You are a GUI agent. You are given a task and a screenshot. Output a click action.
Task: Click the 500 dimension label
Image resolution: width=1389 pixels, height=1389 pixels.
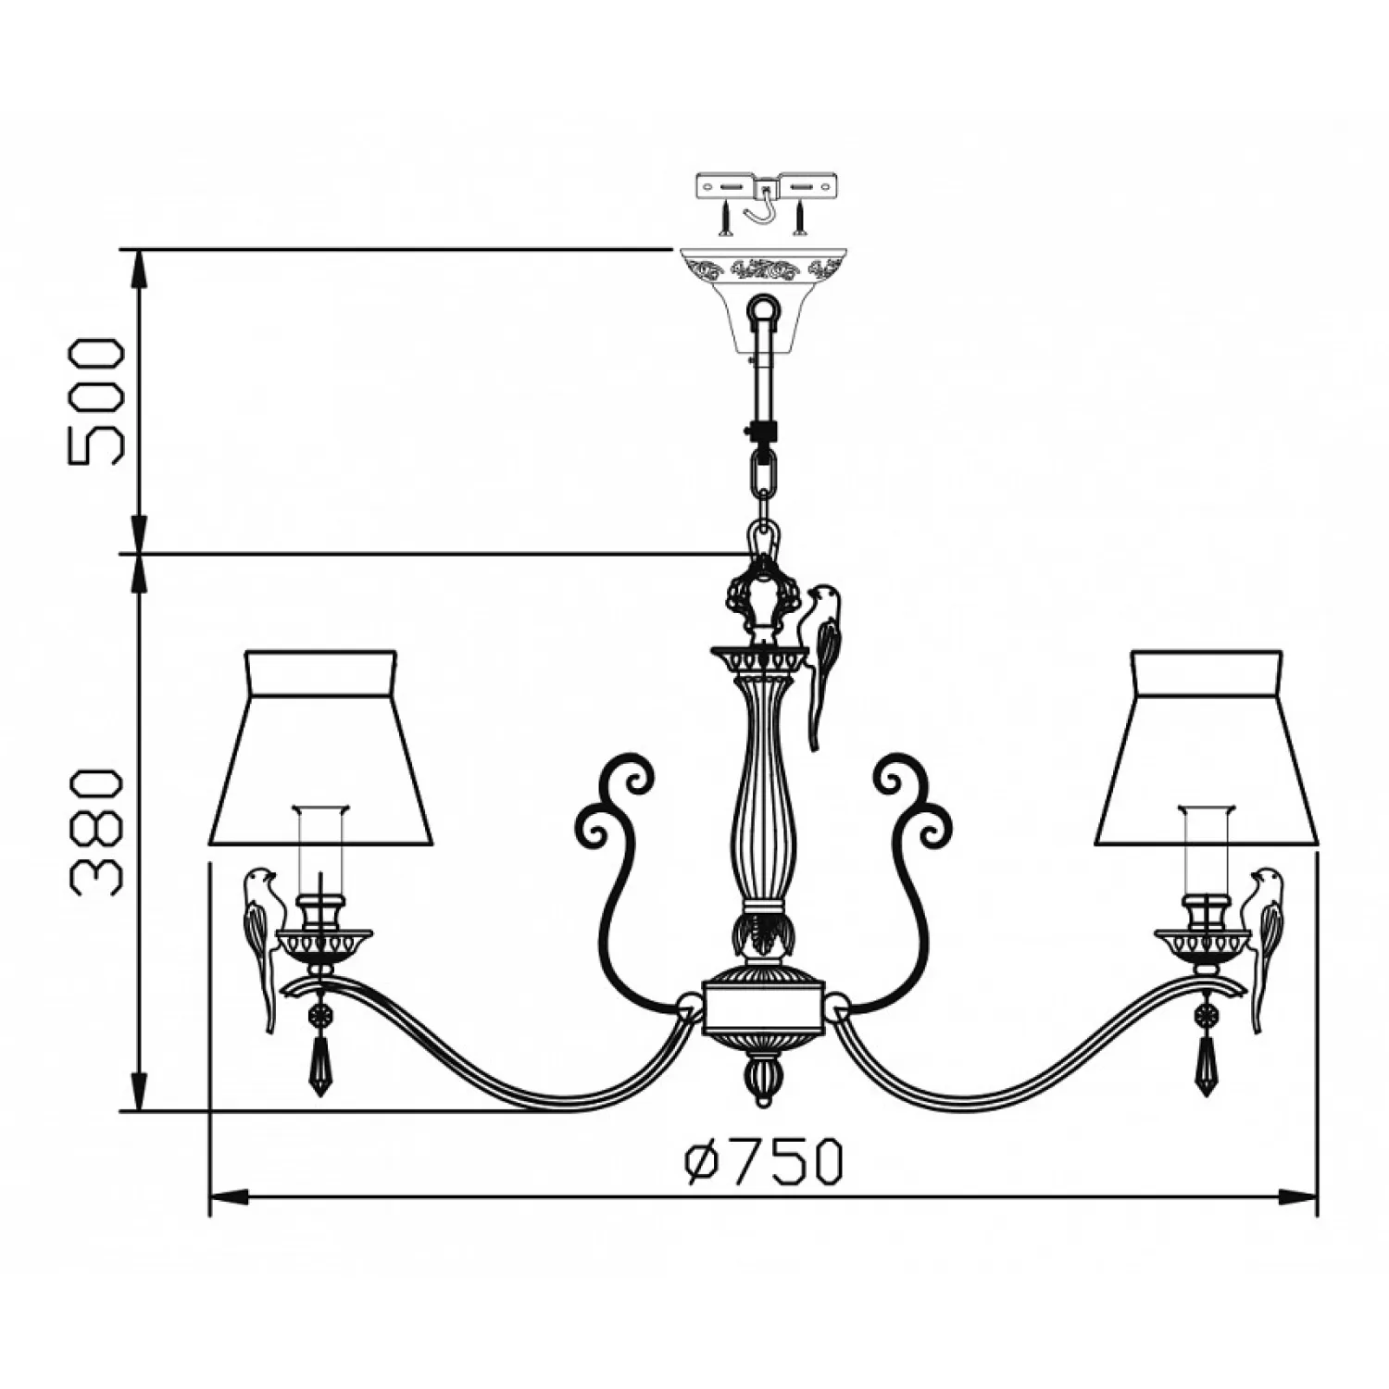click(x=95, y=402)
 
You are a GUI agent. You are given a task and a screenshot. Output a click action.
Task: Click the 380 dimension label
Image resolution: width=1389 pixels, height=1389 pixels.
click(x=95, y=832)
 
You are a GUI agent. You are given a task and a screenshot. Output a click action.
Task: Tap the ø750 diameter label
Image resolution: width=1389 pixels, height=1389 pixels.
click(x=764, y=1163)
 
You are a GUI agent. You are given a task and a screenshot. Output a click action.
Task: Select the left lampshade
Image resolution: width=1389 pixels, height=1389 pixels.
click(x=320, y=748)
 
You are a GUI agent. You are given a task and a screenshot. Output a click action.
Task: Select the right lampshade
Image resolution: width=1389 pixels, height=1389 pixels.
click(x=1208, y=748)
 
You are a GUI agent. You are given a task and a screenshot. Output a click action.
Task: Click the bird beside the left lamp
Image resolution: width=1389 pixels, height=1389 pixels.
click(x=260, y=949)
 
